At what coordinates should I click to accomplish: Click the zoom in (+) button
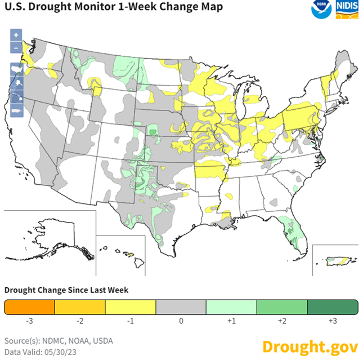16,34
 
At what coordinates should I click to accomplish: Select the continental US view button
16,69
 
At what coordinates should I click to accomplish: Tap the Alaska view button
16,82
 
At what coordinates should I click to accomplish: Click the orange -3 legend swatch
29,307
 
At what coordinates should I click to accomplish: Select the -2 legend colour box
80,307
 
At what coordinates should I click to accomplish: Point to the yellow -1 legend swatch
131,307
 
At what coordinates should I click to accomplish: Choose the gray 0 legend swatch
181,307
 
